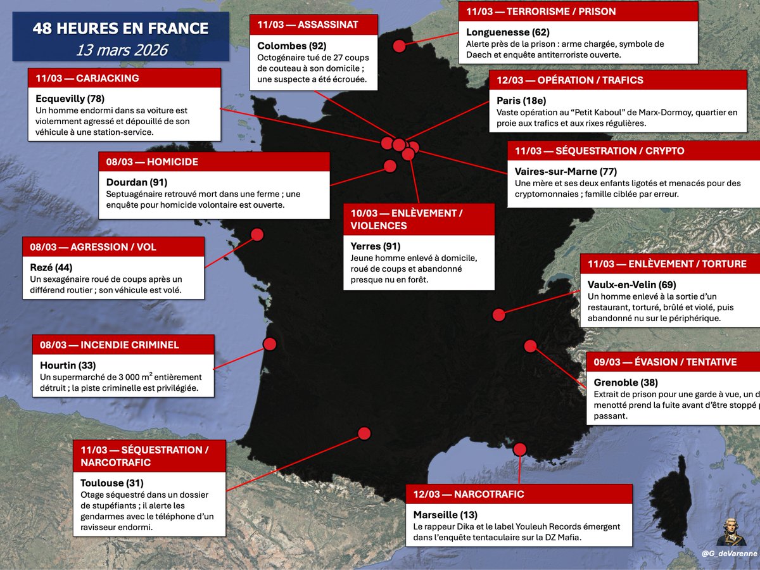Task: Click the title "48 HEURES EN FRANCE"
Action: click(x=120, y=28)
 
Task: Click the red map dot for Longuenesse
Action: click(x=399, y=46)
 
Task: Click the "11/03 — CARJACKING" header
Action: click(x=87, y=78)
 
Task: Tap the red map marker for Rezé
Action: click(x=257, y=234)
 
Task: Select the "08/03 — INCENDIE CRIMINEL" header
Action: click(x=110, y=345)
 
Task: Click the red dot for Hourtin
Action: click(x=270, y=344)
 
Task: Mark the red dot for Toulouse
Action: click(x=364, y=433)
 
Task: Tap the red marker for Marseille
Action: click(x=520, y=449)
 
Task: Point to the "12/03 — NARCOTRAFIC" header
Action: click(x=469, y=494)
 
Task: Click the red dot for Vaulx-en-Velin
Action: click(x=498, y=314)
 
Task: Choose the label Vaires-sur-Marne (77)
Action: click(x=566, y=172)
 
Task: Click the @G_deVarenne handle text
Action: click(x=729, y=554)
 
